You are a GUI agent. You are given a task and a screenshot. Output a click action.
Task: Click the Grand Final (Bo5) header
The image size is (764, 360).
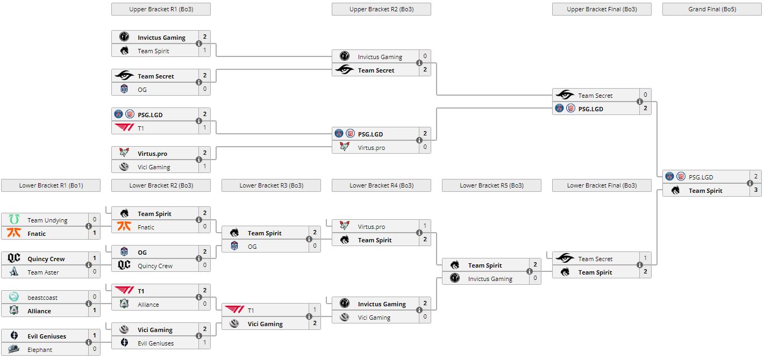712,9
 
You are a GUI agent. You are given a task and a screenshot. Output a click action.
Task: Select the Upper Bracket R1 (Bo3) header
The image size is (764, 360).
161,9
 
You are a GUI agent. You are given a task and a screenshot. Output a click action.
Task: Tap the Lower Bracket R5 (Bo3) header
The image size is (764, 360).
491,185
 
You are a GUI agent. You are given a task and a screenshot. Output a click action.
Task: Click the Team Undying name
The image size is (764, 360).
47,220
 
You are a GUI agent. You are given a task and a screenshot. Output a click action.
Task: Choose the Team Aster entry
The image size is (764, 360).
43,272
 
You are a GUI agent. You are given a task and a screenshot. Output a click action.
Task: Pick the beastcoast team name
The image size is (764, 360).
42,298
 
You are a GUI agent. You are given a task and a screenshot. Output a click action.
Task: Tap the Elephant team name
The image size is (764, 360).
40,350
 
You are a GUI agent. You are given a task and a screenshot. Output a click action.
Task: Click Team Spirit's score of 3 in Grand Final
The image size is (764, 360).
756,190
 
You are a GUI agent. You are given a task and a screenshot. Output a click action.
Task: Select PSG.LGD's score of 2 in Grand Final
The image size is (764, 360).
756,177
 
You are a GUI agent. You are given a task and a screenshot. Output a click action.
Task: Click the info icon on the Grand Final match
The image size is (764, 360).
750,184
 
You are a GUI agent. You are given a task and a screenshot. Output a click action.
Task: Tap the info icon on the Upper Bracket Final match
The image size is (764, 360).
640,102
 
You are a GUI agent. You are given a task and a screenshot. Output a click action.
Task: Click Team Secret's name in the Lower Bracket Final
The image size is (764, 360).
595,259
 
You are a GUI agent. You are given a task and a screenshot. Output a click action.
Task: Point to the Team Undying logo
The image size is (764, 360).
14,220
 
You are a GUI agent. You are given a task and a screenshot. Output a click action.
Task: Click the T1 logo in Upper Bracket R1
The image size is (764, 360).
124,128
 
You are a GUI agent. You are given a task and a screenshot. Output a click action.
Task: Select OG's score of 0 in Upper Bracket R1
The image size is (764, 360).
205,89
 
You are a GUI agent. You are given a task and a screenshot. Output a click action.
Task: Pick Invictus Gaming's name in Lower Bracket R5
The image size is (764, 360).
490,279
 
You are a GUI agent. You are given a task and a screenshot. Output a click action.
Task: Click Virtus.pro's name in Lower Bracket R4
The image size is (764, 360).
372,227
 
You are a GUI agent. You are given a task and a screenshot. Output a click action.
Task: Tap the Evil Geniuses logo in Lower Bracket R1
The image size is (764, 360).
14,336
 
